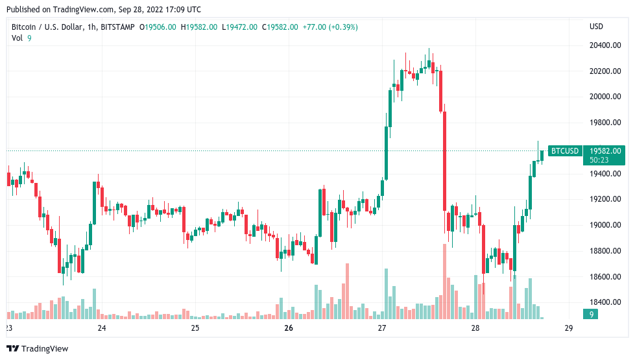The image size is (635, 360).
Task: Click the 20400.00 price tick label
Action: pos(604,45)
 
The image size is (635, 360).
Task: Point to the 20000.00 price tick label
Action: pos(604,97)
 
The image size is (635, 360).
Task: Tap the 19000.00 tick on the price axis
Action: pos(604,225)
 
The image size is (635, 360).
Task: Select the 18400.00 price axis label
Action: pos(604,302)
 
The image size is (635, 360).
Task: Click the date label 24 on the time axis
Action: pos(102,328)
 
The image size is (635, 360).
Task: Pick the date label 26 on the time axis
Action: pos(289,328)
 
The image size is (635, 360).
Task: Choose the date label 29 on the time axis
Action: pos(569,328)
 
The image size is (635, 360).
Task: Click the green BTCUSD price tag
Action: pos(564,151)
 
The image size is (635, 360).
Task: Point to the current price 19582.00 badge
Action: pos(605,151)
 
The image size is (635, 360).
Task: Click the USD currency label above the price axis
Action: pos(596,27)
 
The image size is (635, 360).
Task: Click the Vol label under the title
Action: pos(17,38)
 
